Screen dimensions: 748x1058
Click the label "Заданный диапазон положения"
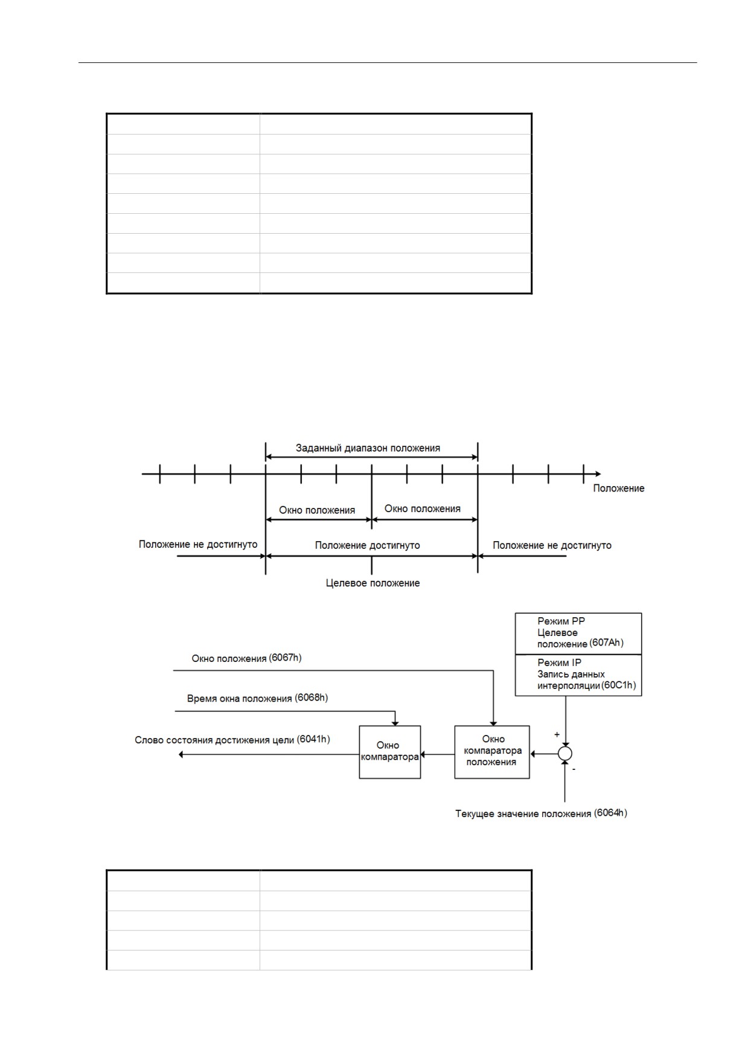click(368, 448)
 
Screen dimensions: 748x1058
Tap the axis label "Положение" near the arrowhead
click(618, 488)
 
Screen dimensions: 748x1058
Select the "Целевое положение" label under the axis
click(372, 583)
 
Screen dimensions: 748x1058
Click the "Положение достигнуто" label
click(367, 545)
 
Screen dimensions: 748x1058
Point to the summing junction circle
click(565, 754)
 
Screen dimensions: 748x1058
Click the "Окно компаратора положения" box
click(492, 752)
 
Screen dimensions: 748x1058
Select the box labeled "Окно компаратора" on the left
click(390, 752)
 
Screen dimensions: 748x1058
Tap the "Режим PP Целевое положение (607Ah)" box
click(578, 633)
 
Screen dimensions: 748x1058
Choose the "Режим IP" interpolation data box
click(578, 675)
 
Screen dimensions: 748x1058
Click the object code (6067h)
click(285, 658)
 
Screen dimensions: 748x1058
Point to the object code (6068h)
click(312, 698)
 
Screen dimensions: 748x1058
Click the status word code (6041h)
click(313, 739)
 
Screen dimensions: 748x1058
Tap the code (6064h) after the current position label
click(610, 813)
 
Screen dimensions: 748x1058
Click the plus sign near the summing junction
click(557, 735)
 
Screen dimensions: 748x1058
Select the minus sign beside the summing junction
click(574, 769)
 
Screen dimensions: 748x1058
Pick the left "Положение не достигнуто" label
click(198, 544)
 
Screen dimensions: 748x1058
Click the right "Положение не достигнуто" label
click(552, 545)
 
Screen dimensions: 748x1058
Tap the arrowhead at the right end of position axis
click(598, 474)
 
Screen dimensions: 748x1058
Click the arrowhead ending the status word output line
click(182, 754)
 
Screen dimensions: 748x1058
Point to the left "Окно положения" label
click(317, 510)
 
